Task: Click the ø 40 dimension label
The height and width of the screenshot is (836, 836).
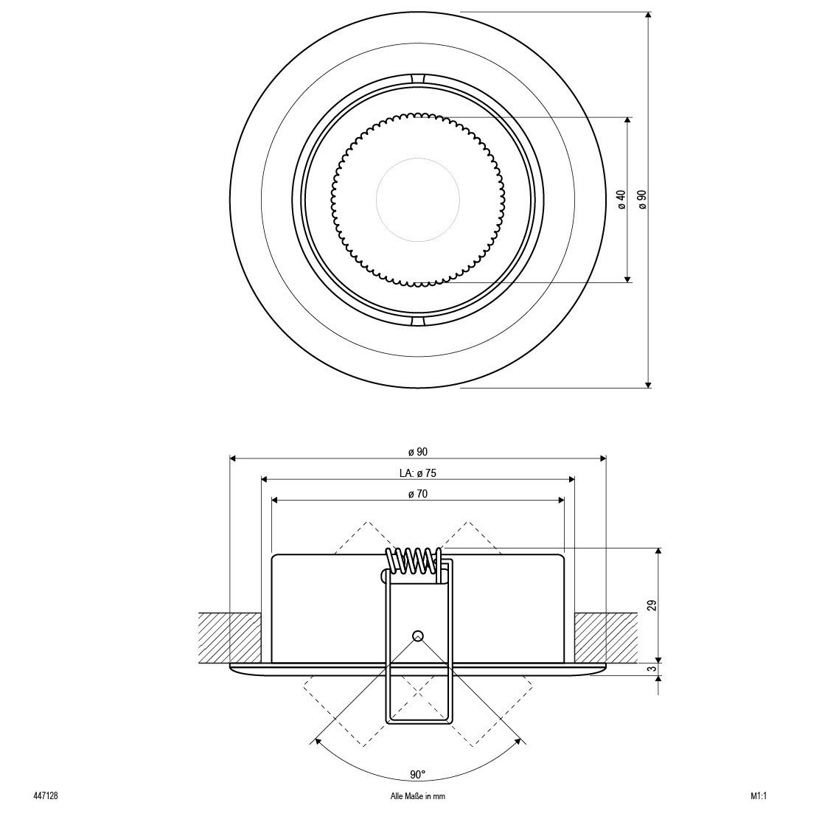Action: click(x=621, y=199)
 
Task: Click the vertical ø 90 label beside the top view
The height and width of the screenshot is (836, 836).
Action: click(x=642, y=199)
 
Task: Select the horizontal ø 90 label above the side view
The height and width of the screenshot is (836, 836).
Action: click(x=418, y=452)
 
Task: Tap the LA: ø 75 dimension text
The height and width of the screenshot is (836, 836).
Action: click(x=418, y=473)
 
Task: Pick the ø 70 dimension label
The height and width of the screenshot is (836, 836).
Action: click(x=418, y=494)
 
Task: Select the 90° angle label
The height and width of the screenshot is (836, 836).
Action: click(x=418, y=774)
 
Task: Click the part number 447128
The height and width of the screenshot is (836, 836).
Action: click(x=45, y=796)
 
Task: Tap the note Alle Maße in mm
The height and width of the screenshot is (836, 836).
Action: click(x=418, y=796)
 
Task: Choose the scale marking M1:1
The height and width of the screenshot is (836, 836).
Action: click(x=758, y=796)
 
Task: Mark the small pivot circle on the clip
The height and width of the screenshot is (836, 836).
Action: click(x=418, y=635)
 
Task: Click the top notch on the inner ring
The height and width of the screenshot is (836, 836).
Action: click(x=418, y=78)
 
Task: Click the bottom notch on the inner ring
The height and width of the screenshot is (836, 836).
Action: click(x=418, y=321)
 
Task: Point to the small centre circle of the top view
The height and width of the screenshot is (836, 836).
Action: click(x=418, y=199)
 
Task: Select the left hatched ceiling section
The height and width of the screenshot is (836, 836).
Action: click(x=230, y=638)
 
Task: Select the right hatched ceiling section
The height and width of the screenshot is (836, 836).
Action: click(x=606, y=638)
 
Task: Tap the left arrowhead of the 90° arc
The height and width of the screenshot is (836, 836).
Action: click(x=316, y=741)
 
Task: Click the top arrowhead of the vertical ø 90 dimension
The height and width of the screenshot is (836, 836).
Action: click(x=648, y=15)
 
